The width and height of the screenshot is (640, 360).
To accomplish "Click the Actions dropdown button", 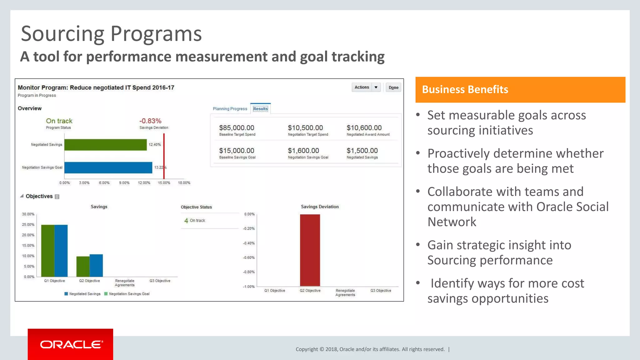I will coord(366,87).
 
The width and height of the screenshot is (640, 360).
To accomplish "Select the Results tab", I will coord(260,109).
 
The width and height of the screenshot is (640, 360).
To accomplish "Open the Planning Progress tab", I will coord(230,109).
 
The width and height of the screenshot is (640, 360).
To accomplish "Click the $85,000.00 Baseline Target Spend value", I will coord(237,128).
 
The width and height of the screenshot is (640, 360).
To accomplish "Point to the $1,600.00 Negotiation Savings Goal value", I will coord(303,151).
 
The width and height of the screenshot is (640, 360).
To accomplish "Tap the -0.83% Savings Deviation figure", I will coord(150,121).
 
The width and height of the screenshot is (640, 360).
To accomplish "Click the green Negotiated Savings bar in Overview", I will coord(105,145).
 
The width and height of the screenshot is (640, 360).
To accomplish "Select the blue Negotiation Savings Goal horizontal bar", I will coord(108,167).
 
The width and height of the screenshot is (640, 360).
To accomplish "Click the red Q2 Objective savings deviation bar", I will coord(310,250).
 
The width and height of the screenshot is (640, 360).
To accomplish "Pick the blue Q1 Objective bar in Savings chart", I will coord(61,251).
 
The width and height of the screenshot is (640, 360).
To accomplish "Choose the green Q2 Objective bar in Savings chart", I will coord(83,267).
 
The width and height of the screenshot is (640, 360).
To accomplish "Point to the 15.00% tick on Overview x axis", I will coord(164,183).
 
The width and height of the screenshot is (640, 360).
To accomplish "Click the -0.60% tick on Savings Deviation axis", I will coord(249,257).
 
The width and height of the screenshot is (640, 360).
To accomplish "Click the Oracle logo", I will coord(71,344).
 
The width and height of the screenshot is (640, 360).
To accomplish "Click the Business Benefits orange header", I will coord(520,90).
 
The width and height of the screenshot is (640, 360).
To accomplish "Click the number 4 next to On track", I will coord(186,221).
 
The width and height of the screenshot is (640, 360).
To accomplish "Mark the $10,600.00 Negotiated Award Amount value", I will coord(364,128).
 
